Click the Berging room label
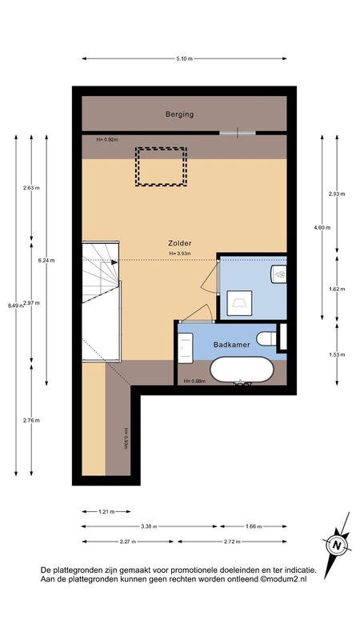coord(179,114)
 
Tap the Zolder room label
coord(179,243)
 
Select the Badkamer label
coord(231,345)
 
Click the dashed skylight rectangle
coord(161,166)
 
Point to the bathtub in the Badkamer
coord(242,370)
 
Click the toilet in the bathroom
coord(266,338)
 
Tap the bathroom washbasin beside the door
coord(186,348)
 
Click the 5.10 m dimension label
coord(184,58)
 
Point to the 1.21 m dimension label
coord(106,511)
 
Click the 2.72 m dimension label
coord(232,542)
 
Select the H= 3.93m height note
coord(180,253)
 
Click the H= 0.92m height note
coord(107,139)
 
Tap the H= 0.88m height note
coord(194,382)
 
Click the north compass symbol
coord(337,545)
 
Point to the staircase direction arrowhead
coord(114,262)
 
